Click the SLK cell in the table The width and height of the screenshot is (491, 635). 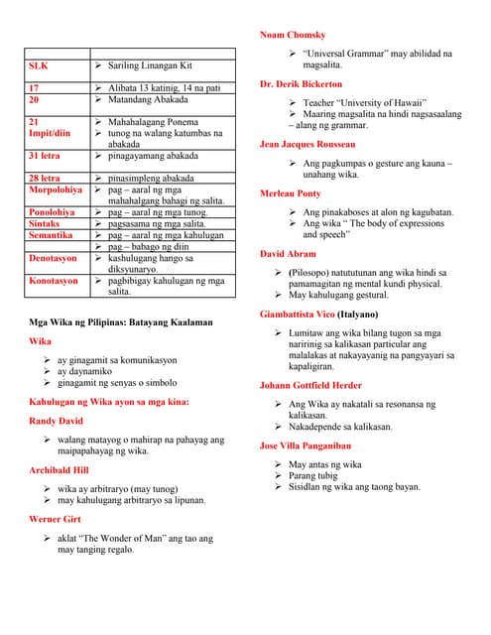(x=39, y=64)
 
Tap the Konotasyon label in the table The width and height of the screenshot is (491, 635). (x=54, y=281)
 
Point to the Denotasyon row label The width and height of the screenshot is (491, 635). (x=54, y=258)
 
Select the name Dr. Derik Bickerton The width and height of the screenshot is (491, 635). (x=301, y=84)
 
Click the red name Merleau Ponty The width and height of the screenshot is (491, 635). (x=290, y=193)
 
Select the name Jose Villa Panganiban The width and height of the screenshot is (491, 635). (x=305, y=446)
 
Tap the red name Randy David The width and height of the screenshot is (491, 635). (x=57, y=421)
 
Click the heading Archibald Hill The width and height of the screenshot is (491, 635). (x=60, y=469)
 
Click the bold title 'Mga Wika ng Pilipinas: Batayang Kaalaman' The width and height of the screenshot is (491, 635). (x=120, y=322)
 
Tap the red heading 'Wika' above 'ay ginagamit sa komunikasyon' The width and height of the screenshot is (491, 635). (x=40, y=341)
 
